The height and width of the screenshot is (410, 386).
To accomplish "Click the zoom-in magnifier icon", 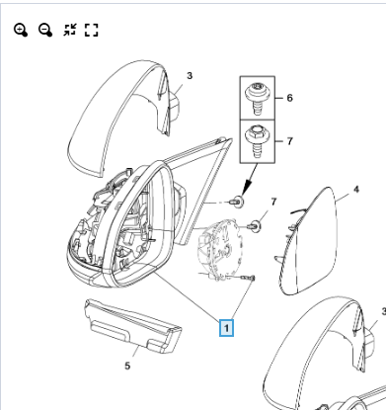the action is [21, 30].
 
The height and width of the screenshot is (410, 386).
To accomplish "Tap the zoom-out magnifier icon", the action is [45, 30].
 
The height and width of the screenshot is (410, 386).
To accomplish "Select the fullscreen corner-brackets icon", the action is [92, 30].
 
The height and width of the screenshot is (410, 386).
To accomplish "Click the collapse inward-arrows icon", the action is [70, 30].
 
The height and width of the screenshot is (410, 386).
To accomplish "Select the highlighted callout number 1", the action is [226, 328].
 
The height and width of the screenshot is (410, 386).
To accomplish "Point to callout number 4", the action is [356, 190].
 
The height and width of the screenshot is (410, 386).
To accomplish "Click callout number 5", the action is [127, 366].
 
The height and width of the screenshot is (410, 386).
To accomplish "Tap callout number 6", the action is [289, 98].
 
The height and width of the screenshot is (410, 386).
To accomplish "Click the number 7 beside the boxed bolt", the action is [289, 141].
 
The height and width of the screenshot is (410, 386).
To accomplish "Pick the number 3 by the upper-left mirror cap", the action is [190, 76].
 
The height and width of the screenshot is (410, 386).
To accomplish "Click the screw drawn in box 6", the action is [258, 99].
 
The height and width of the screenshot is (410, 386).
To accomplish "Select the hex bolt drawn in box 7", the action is [258, 141].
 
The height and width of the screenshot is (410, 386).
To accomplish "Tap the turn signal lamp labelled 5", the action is [132, 326].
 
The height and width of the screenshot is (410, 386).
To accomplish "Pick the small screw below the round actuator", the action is [249, 279].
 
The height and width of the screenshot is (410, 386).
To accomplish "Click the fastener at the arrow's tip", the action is [237, 202].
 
